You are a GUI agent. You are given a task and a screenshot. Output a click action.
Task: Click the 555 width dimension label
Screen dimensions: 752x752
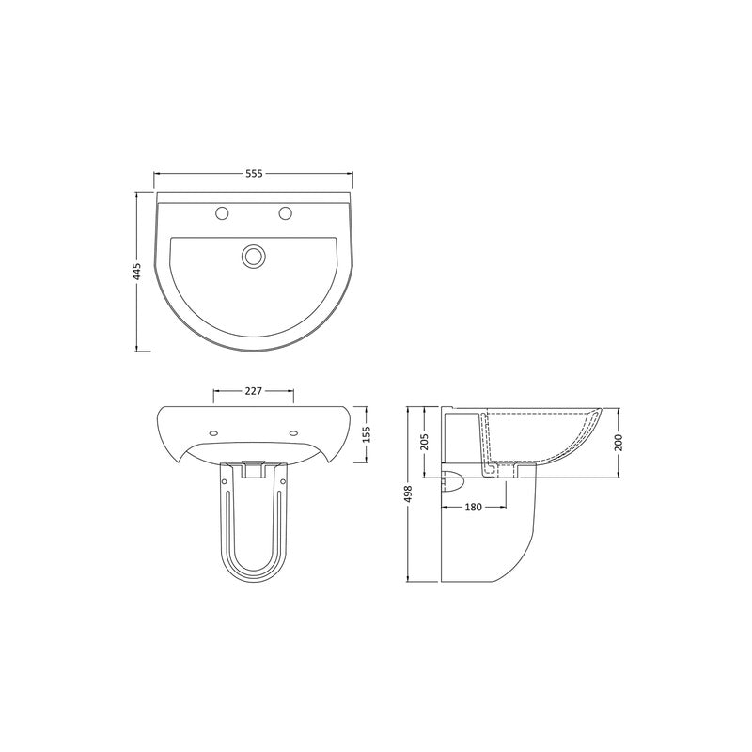tap(254, 174)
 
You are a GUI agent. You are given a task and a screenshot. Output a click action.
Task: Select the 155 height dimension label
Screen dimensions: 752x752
tap(368, 433)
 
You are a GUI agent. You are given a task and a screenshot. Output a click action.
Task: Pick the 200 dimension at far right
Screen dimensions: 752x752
tap(620, 441)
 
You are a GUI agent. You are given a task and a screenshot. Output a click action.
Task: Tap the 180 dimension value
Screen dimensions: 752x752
tap(473, 508)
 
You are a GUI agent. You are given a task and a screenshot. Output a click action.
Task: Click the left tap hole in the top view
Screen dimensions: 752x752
tap(223, 214)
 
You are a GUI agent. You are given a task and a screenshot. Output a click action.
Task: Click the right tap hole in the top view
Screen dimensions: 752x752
tap(285, 214)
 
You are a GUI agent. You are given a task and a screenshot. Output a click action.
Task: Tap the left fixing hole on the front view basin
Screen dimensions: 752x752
tap(211, 433)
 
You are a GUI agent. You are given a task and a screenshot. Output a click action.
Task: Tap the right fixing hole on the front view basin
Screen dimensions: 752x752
tap(295, 433)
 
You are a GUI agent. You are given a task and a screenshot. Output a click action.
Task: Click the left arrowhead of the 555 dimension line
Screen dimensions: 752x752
tap(158, 174)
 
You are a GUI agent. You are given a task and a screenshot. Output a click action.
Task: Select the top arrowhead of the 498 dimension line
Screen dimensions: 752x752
tap(408, 412)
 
